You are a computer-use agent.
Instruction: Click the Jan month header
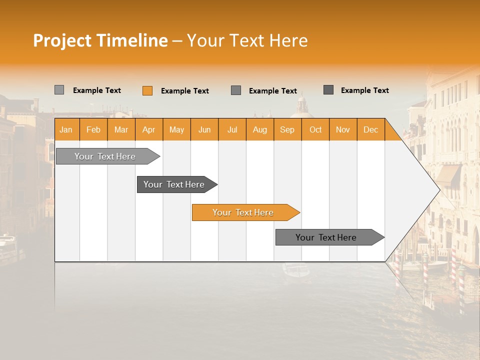click(66, 129)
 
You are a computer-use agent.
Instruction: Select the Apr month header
click(149, 129)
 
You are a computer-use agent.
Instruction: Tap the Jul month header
click(232, 129)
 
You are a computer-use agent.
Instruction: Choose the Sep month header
click(287, 129)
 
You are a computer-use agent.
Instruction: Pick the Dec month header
click(370, 129)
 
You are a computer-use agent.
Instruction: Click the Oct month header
click(315, 129)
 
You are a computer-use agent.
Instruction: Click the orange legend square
click(147, 90)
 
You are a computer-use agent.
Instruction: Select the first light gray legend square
click(59, 90)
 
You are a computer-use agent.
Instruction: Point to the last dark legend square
click(328, 90)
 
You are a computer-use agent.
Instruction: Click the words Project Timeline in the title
click(100, 40)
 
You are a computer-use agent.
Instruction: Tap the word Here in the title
click(288, 40)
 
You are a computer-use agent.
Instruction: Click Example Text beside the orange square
click(184, 91)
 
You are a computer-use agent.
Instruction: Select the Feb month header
click(93, 129)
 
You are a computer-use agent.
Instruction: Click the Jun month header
click(204, 129)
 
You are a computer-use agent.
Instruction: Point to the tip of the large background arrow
click(438, 189)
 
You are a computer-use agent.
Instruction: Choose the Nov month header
click(343, 129)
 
